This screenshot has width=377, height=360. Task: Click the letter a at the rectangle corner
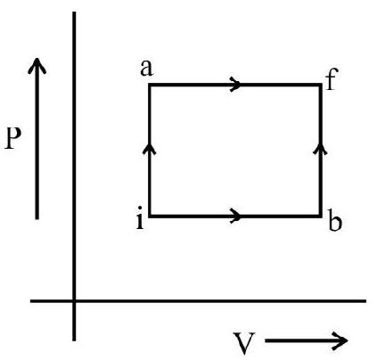147,69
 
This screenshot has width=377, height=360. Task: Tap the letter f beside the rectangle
332,79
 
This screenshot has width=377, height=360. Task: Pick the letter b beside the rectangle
335,220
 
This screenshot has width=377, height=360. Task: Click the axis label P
12,139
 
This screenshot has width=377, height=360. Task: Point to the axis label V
244,344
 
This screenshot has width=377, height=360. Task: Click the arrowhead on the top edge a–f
235,85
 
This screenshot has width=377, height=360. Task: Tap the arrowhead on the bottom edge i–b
236,216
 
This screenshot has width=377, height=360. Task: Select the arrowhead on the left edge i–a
149,148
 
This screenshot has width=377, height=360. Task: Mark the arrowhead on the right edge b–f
320,148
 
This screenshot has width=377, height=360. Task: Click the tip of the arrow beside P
37,58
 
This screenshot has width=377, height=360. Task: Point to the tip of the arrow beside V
348,340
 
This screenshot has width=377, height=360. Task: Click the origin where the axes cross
74,301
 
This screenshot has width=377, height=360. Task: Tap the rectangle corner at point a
150,86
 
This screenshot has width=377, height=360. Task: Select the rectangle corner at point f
321,86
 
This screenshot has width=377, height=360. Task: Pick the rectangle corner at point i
150,216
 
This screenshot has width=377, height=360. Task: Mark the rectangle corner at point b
321,216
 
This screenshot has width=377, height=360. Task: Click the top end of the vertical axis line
74,12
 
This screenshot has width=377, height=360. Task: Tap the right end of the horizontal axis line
365,301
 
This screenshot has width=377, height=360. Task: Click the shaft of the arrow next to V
305,340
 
